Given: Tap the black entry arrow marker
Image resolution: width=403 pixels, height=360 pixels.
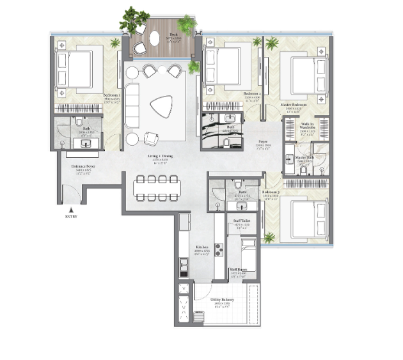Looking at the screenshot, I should coord(72,209).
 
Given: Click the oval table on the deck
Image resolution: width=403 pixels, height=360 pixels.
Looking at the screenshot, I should coord(155,39).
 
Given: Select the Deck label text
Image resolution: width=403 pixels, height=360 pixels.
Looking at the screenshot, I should coord(173,34).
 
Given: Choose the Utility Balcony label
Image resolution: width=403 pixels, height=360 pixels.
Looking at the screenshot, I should coord(224,300).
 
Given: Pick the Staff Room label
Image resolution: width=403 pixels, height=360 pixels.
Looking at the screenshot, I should coord(239,270).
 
